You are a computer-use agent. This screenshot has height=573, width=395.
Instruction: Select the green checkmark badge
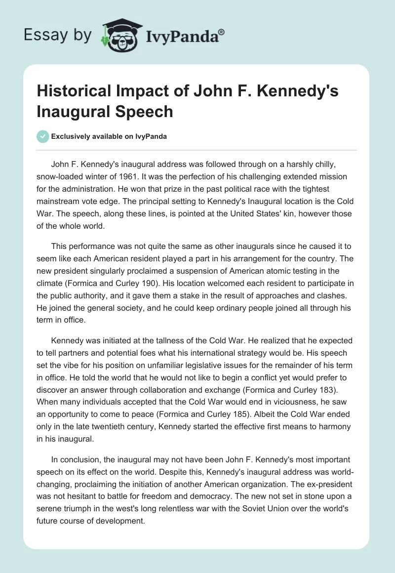(x=42, y=136)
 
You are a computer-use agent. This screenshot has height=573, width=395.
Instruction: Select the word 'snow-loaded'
(x=59, y=176)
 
